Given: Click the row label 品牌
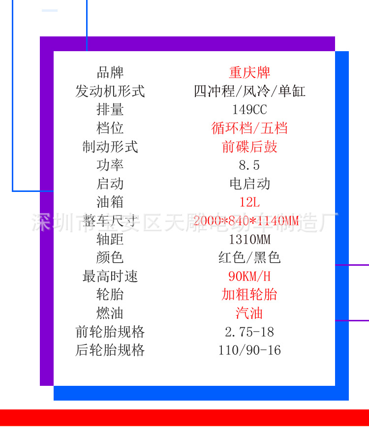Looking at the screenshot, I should click(x=110, y=72).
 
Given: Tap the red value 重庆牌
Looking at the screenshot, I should click(x=249, y=72).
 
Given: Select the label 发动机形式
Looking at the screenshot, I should click(x=110, y=91).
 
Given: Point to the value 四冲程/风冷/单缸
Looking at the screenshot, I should click(x=249, y=91).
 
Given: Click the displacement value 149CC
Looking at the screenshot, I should click(x=249, y=110).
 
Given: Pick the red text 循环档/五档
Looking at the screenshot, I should click(x=249, y=128).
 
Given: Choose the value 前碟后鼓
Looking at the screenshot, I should click(x=249, y=147).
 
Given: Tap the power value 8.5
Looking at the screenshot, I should click(x=249, y=165).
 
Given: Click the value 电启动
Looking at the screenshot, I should click(x=249, y=184).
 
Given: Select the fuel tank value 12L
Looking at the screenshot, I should click(x=249, y=202).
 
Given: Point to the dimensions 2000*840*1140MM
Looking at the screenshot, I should click(x=246, y=221).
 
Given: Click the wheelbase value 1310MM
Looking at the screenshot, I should click(x=249, y=239).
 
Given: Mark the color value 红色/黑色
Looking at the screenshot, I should click(x=249, y=257).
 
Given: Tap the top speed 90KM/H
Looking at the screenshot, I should click(x=249, y=276).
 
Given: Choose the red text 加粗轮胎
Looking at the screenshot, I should click(x=249, y=294).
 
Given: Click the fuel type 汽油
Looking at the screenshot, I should click(x=249, y=313).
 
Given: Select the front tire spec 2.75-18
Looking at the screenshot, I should click(x=249, y=332).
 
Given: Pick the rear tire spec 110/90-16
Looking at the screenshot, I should click(x=249, y=350).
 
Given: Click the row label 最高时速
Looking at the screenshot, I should click(x=110, y=276).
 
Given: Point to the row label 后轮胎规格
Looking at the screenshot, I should click(x=110, y=350).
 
